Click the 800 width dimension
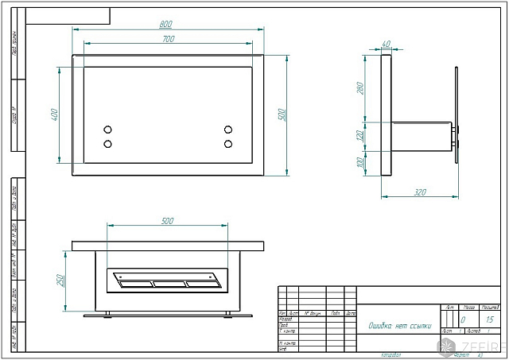[x=168, y=25]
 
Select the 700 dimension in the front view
[x=168, y=38]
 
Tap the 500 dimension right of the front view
[x=281, y=114]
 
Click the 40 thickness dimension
[x=387, y=44]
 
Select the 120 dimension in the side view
[x=360, y=136]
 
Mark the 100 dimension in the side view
[x=360, y=163]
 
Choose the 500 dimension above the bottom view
[x=168, y=220]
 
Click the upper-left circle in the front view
[x=108, y=130]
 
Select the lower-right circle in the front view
[x=228, y=144]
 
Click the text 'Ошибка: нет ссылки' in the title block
[x=398, y=324]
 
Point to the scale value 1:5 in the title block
[x=489, y=319]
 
